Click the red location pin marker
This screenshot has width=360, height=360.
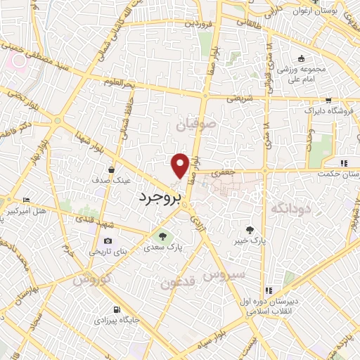[180, 165]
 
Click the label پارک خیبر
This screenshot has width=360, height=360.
[251, 240]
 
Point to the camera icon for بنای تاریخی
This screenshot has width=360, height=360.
[108, 240]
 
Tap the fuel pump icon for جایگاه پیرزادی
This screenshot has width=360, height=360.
[115, 310]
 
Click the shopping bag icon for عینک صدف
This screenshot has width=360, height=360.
[111, 169]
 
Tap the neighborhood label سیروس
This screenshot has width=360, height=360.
[224, 274]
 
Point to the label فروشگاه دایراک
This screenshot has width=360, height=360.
[321, 111]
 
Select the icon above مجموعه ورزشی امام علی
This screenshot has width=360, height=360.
[301, 58]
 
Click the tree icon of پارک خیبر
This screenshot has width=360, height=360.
[250, 229]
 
